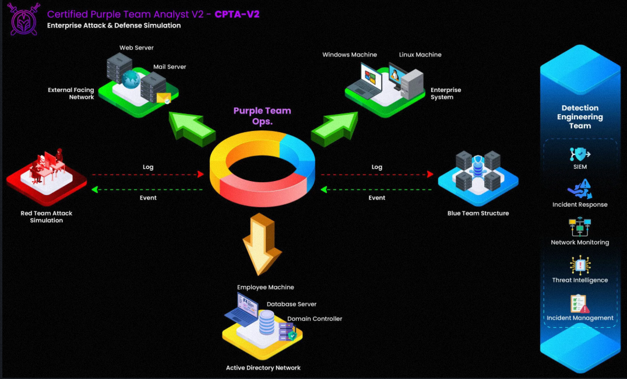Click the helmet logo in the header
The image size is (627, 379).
point(23,19)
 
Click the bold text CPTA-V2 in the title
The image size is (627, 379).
point(237,15)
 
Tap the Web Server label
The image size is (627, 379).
point(136,48)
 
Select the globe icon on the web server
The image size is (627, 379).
point(131,79)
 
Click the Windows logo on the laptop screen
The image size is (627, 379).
point(370,77)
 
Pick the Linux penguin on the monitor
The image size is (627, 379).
point(394,75)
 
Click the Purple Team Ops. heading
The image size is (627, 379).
point(262,116)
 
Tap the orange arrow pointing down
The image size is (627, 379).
point(262,243)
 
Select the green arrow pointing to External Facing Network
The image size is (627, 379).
point(191,128)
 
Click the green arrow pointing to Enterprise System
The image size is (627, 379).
point(335,129)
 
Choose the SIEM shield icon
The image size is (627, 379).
point(580,154)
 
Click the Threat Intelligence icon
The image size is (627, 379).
point(580,265)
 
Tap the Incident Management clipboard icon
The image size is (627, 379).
point(579,304)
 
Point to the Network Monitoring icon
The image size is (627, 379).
point(580,227)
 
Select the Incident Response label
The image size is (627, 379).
point(580,204)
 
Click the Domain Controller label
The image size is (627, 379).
point(315,318)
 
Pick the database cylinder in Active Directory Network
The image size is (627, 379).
point(267,323)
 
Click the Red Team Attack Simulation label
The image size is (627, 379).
point(47,217)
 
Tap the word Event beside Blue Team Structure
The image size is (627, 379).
point(376,198)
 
